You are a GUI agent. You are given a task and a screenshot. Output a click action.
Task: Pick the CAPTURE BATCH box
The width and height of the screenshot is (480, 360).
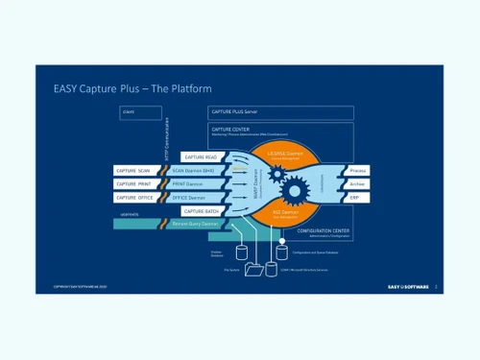pyautogui.click(x=201, y=210)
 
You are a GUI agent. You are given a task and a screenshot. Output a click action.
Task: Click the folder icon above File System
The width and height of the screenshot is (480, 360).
pyautogui.click(x=253, y=270)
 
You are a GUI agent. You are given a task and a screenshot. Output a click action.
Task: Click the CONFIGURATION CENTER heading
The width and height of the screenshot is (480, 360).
pyautogui.click(x=322, y=231)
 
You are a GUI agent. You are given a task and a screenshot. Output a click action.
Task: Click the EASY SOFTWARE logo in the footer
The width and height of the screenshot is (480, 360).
pyautogui.click(x=407, y=286)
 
